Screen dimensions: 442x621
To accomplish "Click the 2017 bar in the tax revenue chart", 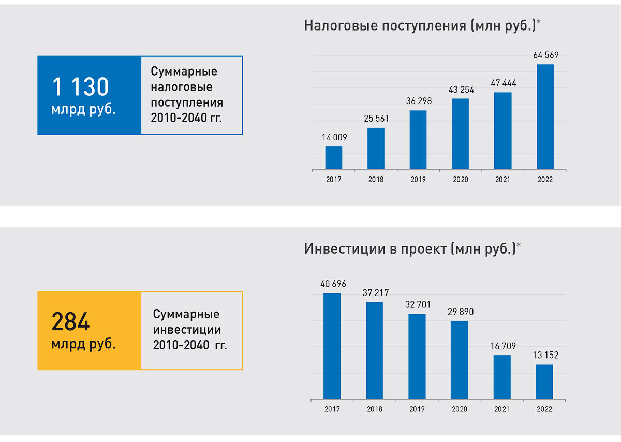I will (x=334, y=158).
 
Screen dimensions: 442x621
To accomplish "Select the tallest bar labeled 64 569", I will (x=545, y=116).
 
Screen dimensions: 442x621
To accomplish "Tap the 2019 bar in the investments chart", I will (x=417, y=357).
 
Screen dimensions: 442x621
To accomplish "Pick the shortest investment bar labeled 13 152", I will (x=544, y=382).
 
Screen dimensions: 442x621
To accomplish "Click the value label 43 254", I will (x=460, y=90).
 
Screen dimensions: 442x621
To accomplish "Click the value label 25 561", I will (x=376, y=119).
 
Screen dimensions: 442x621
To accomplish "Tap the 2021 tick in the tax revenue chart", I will (x=502, y=180).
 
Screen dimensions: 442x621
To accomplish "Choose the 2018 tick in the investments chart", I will (x=375, y=409).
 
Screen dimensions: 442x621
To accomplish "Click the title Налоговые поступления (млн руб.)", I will (x=419, y=25).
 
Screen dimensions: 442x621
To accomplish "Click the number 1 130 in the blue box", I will (x=80, y=87).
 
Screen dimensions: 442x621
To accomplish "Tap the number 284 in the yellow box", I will (x=70, y=322).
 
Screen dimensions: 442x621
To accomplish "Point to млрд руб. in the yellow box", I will (x=83, y=344).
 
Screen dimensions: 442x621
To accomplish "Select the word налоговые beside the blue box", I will (x=181, y=87).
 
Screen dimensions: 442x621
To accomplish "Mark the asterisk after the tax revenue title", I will (x=539, y=22).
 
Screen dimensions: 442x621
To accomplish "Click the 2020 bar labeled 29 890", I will (x=459, y=360).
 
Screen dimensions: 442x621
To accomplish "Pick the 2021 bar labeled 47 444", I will (x=502, y=130).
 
